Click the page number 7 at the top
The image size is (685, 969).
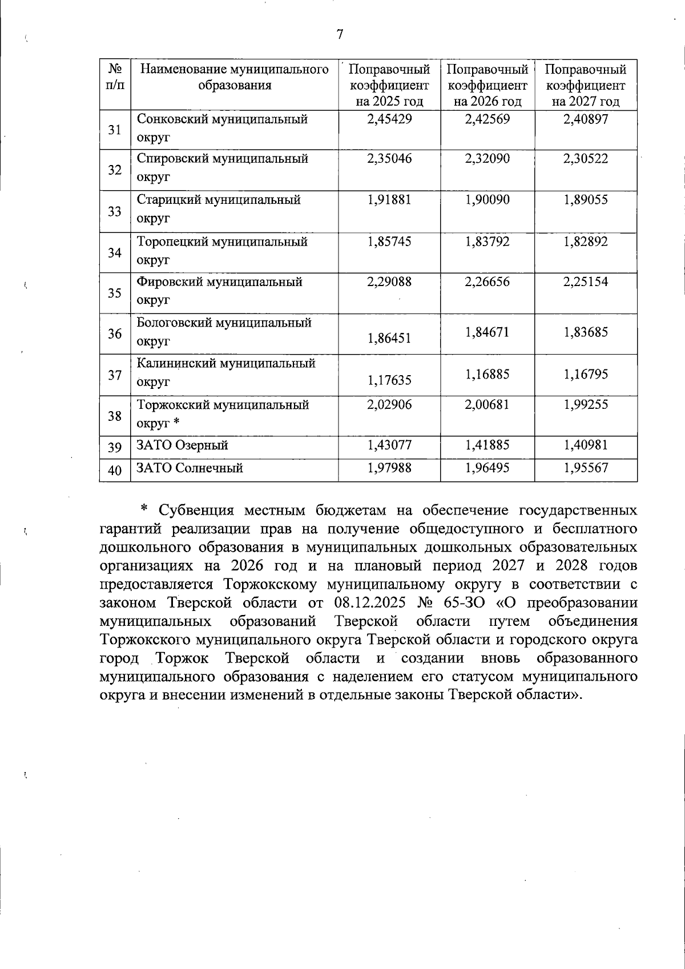click(x=339, y=35)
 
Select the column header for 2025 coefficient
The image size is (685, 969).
click(x=389, y=86)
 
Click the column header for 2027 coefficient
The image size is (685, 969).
click(x=586, y=86)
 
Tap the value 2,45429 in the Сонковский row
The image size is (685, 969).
click(x=389, y=119)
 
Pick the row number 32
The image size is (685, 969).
click(x=115, y=170)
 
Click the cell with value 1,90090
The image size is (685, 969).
click(x=487, y=200)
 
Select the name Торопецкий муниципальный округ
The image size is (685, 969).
click(x=222, y=251)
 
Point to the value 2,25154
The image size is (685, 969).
click(x=586, y=282)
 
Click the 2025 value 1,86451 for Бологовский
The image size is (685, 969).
click(x=389, y=339)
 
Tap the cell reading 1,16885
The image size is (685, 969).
click(x=487, y=375)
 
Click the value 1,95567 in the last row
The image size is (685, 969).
click(x=586, y=468)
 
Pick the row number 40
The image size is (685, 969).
click(x=115, y=471)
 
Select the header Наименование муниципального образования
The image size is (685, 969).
click(x=235, y=78)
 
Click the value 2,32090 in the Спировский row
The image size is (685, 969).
click(x=487, y=159)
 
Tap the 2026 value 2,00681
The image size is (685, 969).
click(x=487, y=405)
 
